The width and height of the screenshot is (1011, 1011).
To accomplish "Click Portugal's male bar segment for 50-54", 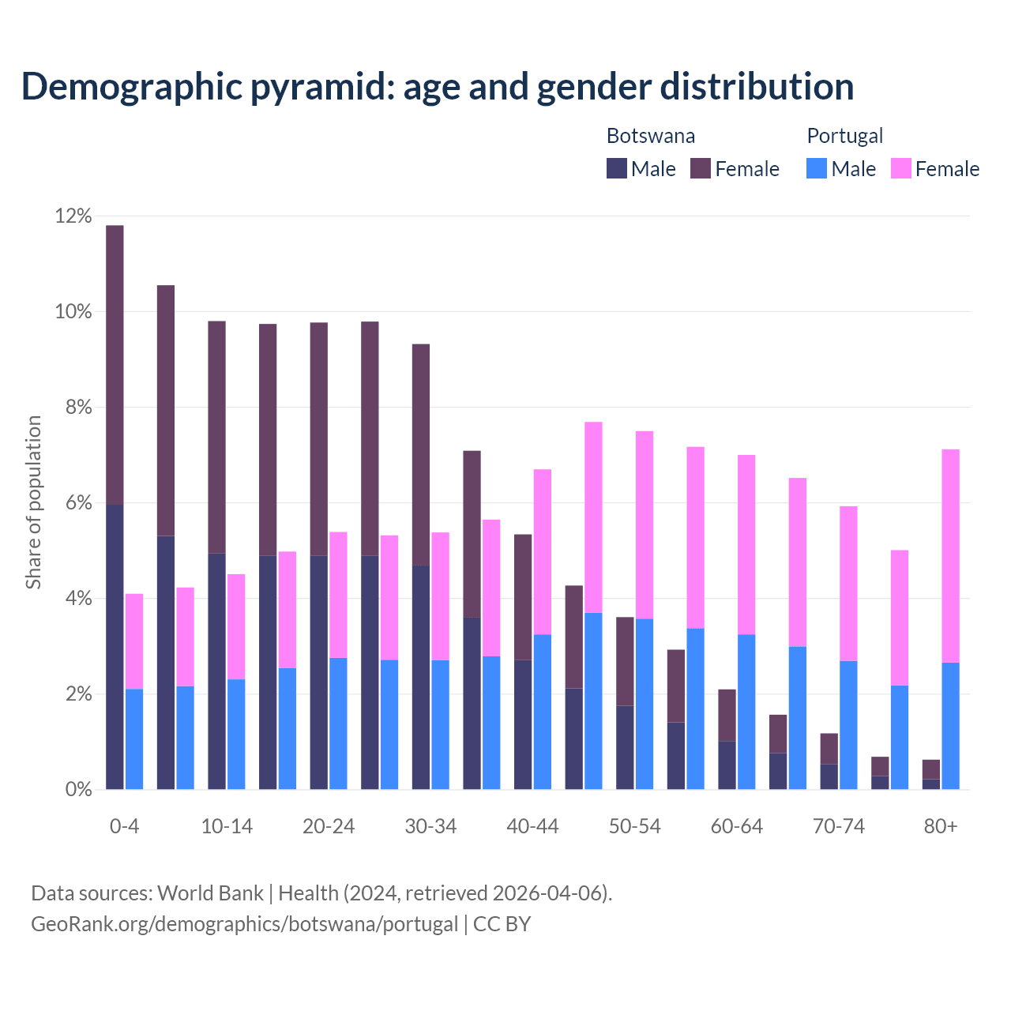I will (x=645, y=703).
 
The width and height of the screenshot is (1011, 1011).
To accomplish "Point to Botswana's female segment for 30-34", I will (x=421, y=454).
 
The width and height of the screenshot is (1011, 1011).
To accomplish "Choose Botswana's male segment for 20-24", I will (x=318, y=671).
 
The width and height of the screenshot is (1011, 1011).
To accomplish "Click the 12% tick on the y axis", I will (x=73, y=216).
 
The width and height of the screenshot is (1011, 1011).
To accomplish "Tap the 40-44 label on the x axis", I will (x=532, y=826).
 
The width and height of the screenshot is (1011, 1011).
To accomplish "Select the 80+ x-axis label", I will (x=941, y=826).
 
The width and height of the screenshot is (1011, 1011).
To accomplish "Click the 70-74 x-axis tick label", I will (x=839, y=826).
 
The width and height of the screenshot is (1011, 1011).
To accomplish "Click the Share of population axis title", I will (x=33, y=502).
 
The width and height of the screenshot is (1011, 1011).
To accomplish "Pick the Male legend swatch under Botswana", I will (x=616, y=168).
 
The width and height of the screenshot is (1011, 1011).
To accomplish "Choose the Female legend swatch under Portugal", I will (x=900, y=168).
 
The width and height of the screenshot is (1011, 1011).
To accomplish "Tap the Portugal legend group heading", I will (x=844, y=136).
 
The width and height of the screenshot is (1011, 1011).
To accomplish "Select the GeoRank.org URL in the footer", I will (x=244, y=923).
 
